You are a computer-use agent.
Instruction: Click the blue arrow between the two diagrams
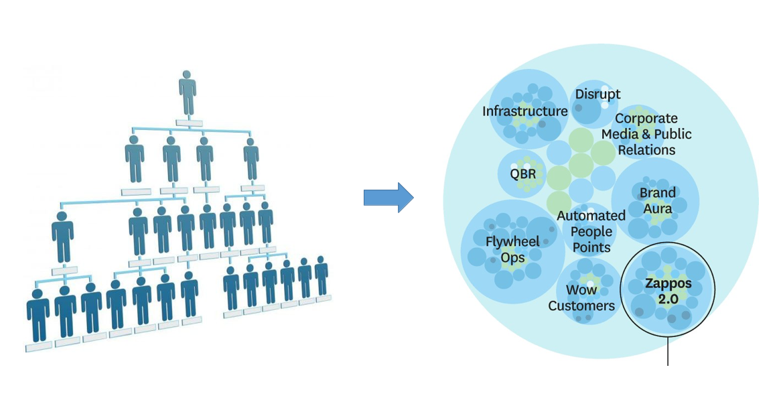388,197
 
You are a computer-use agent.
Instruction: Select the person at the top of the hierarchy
188,93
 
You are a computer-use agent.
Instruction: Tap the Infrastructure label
524,111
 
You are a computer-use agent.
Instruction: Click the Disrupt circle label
597,94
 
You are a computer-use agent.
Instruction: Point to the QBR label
522,174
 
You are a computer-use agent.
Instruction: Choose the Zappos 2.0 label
668,291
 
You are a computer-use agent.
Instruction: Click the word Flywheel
512,242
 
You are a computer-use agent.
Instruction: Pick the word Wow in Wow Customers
581,289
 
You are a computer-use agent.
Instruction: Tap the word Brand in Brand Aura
657,192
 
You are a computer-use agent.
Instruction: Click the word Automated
591,216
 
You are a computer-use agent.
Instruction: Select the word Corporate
646,118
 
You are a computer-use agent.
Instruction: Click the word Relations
646,149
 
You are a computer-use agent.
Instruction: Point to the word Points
591,247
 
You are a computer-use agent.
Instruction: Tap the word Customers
581,306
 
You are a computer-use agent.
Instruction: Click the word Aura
657,208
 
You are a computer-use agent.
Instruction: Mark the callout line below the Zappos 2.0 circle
668,350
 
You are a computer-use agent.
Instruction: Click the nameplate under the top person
189,123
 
